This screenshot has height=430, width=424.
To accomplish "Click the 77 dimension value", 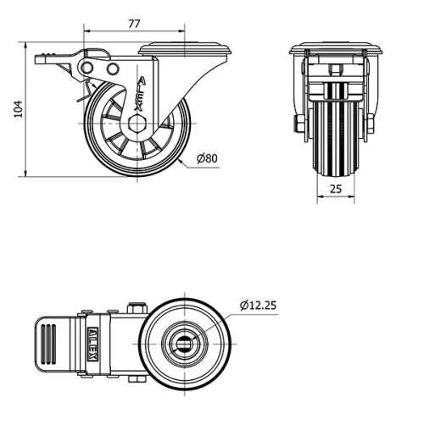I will click(x=133, y=25).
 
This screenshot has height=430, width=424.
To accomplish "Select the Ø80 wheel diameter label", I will click(x=207, y=157).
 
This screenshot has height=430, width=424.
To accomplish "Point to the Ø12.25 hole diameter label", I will click(x=258, y=305).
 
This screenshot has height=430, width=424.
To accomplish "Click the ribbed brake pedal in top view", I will click(x=53, y=345).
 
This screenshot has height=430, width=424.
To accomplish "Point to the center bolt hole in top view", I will click(x=184, y=344).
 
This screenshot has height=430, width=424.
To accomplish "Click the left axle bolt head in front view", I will click(x=298, y=127).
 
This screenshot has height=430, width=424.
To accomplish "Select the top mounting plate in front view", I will click(x=336, y=49).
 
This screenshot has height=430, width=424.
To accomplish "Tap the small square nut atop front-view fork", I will click(x=336, y=70).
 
